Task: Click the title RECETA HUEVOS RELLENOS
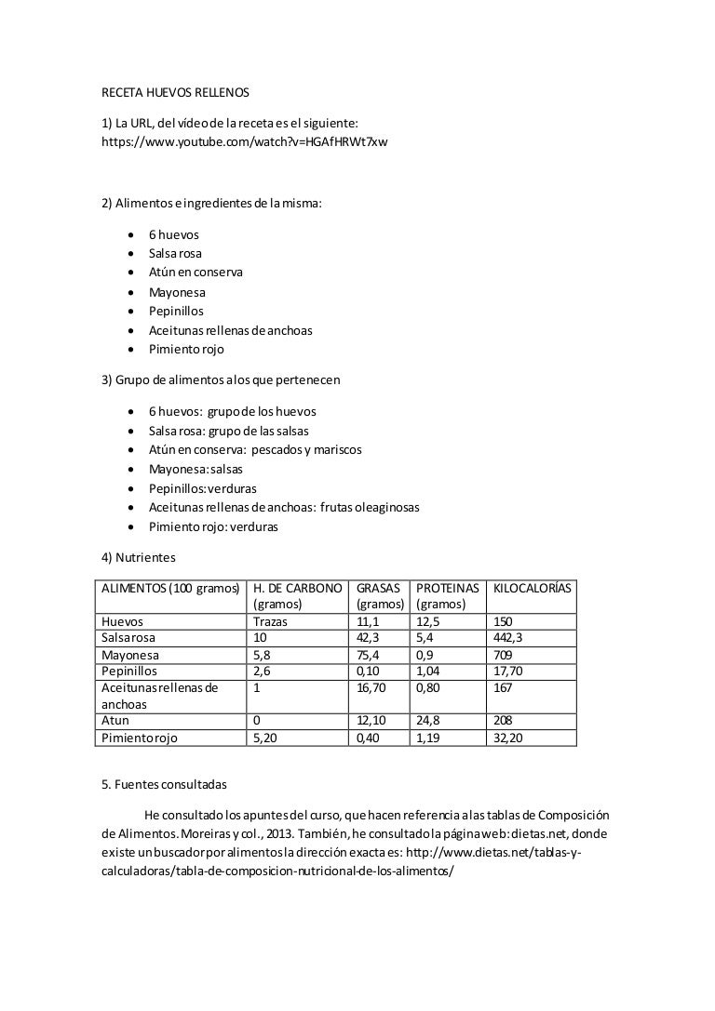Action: (175, 93)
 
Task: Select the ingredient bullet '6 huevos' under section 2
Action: (173, 234)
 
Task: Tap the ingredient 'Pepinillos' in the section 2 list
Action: (176, 311)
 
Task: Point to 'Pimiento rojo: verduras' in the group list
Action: (213, 526)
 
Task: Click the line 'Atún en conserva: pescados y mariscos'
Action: (255, 449)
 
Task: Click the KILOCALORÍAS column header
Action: (533, 588)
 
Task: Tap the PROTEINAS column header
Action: (448, 588)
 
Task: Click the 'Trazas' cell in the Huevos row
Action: (271, 621)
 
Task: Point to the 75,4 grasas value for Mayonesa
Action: (369, 655)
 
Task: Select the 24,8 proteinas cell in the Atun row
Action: (429, 721)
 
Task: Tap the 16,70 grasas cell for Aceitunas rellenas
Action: (372, 688)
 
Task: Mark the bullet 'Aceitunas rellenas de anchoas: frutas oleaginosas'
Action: (284, 507)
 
